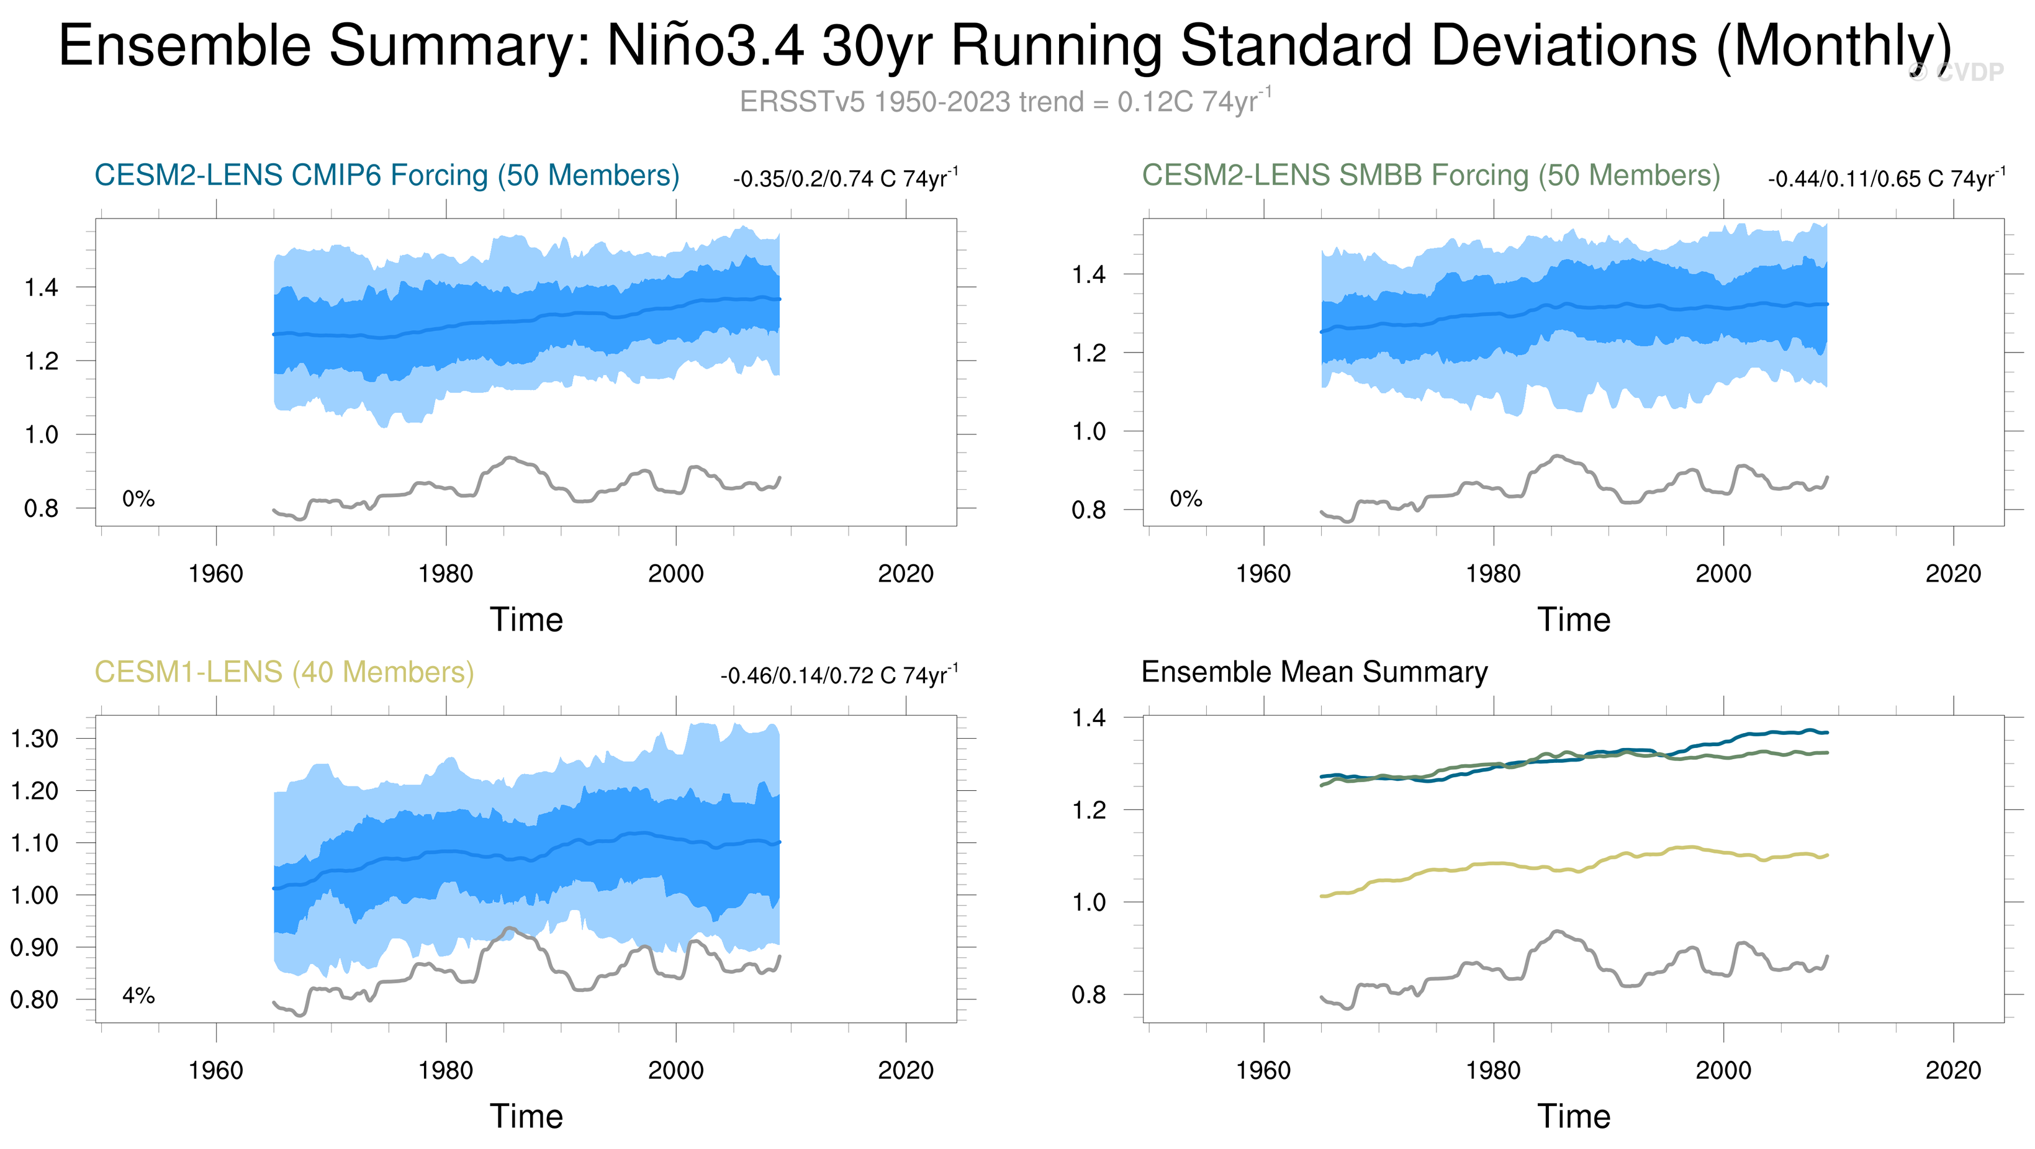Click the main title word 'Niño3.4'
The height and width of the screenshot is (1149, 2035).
tap(705, 45)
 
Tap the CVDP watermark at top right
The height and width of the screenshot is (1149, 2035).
tap(1959, 73)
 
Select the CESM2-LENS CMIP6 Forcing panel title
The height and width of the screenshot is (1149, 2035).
tap(386, 175)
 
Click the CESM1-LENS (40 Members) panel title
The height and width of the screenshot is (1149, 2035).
tap(284, 672)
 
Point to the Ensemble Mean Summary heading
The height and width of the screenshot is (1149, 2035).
tap(1314, 672)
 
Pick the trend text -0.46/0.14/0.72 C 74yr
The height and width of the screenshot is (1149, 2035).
tap(838, 676)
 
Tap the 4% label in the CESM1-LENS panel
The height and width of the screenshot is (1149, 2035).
tap(138, 996)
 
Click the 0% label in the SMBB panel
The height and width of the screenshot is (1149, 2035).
tap(1186, 499)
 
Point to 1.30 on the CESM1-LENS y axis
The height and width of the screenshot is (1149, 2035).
tap(34, 739)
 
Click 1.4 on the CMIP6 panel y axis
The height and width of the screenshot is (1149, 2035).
tap(41, 287)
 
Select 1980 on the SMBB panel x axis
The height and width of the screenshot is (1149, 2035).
tap(1493, 574)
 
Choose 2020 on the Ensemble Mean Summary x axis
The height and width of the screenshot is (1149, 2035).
tap(1953, 1071)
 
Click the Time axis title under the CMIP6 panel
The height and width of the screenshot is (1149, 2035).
tap(526, 620)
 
